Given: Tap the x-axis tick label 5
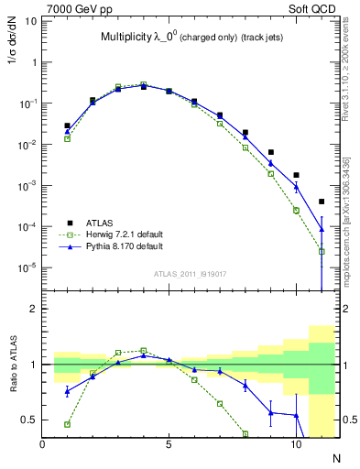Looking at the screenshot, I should tap(169, 444).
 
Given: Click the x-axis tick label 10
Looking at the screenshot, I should tap(295, 444).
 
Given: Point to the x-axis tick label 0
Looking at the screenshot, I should tap(42, 444).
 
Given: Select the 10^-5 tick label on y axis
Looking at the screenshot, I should tap(27, 267).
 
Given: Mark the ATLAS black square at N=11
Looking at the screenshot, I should tap(322, 202).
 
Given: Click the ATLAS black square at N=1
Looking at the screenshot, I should tap(67, 125).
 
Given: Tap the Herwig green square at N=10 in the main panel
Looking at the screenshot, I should tap(296, 210).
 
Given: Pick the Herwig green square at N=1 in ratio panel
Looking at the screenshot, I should tap(67, 424).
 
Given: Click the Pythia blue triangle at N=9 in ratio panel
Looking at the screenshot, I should tap(271, 412).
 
